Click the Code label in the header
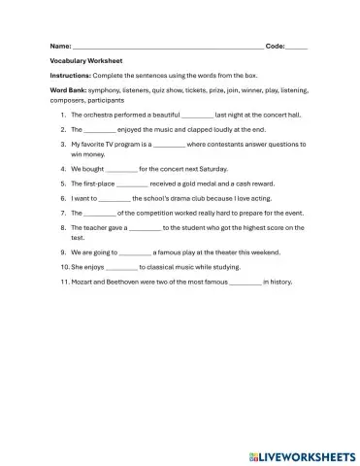click(x=276, y=46)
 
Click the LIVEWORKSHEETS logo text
click(x=305, y=453)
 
